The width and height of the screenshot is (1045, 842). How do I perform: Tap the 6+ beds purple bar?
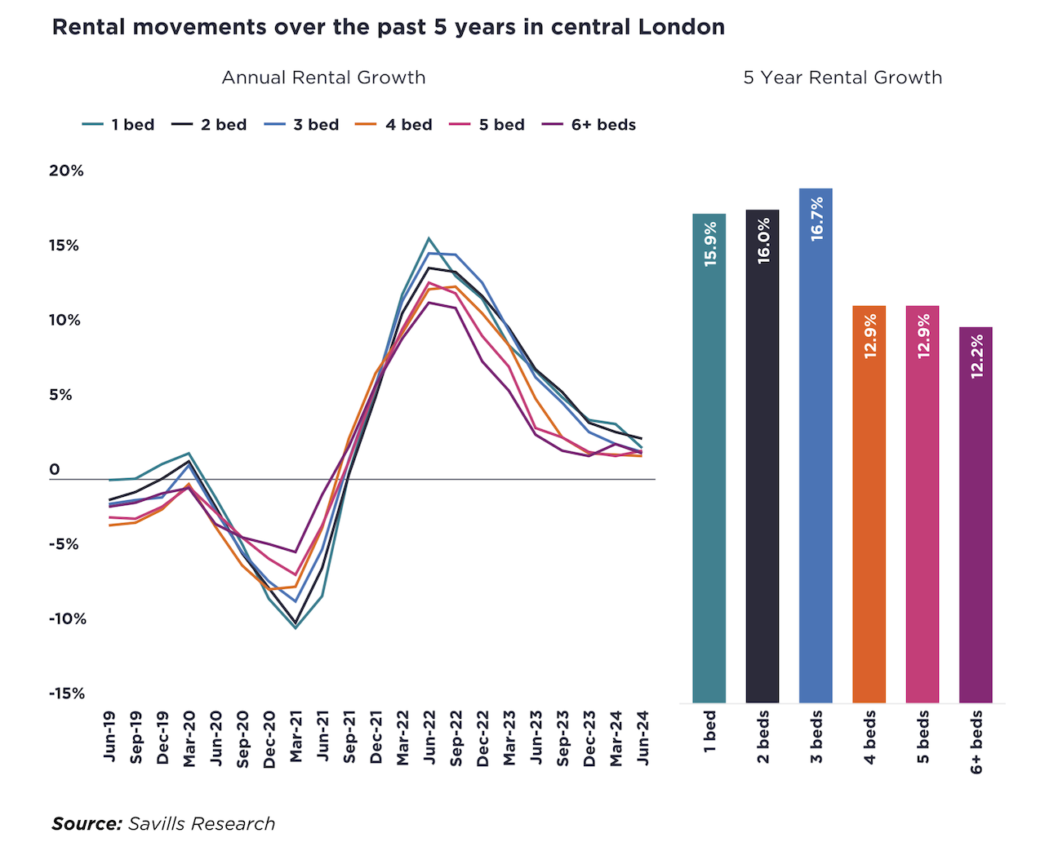click(976, 538)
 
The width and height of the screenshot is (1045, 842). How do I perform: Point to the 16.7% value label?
click(816, 219)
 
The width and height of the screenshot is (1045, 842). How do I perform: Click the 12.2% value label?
click(976, 357)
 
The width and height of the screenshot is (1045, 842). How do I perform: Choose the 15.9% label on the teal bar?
click(710, 244)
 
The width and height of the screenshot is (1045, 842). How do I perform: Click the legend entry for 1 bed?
click(119, 125)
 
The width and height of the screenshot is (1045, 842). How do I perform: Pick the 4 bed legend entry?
click(395, 125)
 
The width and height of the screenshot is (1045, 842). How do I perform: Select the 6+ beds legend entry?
click(590, 125)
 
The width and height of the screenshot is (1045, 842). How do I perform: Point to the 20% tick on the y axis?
click(66, 171)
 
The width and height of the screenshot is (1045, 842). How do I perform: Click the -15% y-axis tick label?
click(66, 694)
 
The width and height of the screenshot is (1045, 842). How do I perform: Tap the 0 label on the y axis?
click(55, 469)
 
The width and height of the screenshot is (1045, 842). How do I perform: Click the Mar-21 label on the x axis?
click(296, 737)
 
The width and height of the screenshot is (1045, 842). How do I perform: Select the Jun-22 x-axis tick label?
click(429, 737)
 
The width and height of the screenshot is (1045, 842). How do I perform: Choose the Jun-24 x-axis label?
click(643, 737)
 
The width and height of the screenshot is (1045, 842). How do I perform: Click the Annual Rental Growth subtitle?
click(323, 78)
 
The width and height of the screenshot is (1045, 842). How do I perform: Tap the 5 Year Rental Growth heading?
click(843, 78)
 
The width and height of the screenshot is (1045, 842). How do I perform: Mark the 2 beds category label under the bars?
click(763, 737)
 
